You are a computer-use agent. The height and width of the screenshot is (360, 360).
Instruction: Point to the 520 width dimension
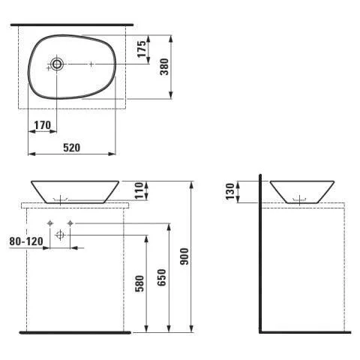coord(71,148)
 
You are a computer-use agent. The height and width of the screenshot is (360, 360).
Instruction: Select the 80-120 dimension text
coord(24,241)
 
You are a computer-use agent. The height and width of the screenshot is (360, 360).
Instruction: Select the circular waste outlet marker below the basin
coord(61,235)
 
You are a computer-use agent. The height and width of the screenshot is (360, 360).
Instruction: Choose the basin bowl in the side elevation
coord(302,190)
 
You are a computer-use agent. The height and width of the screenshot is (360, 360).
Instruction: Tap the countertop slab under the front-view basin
coord(75,204)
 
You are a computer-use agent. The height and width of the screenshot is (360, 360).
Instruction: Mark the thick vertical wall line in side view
coord(259,255)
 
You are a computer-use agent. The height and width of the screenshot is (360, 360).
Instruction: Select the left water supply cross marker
coord(50,223)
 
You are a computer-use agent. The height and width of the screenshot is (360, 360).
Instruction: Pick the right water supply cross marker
coord(70,223)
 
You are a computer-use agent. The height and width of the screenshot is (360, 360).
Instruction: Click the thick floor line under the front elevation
coord(75,332)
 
